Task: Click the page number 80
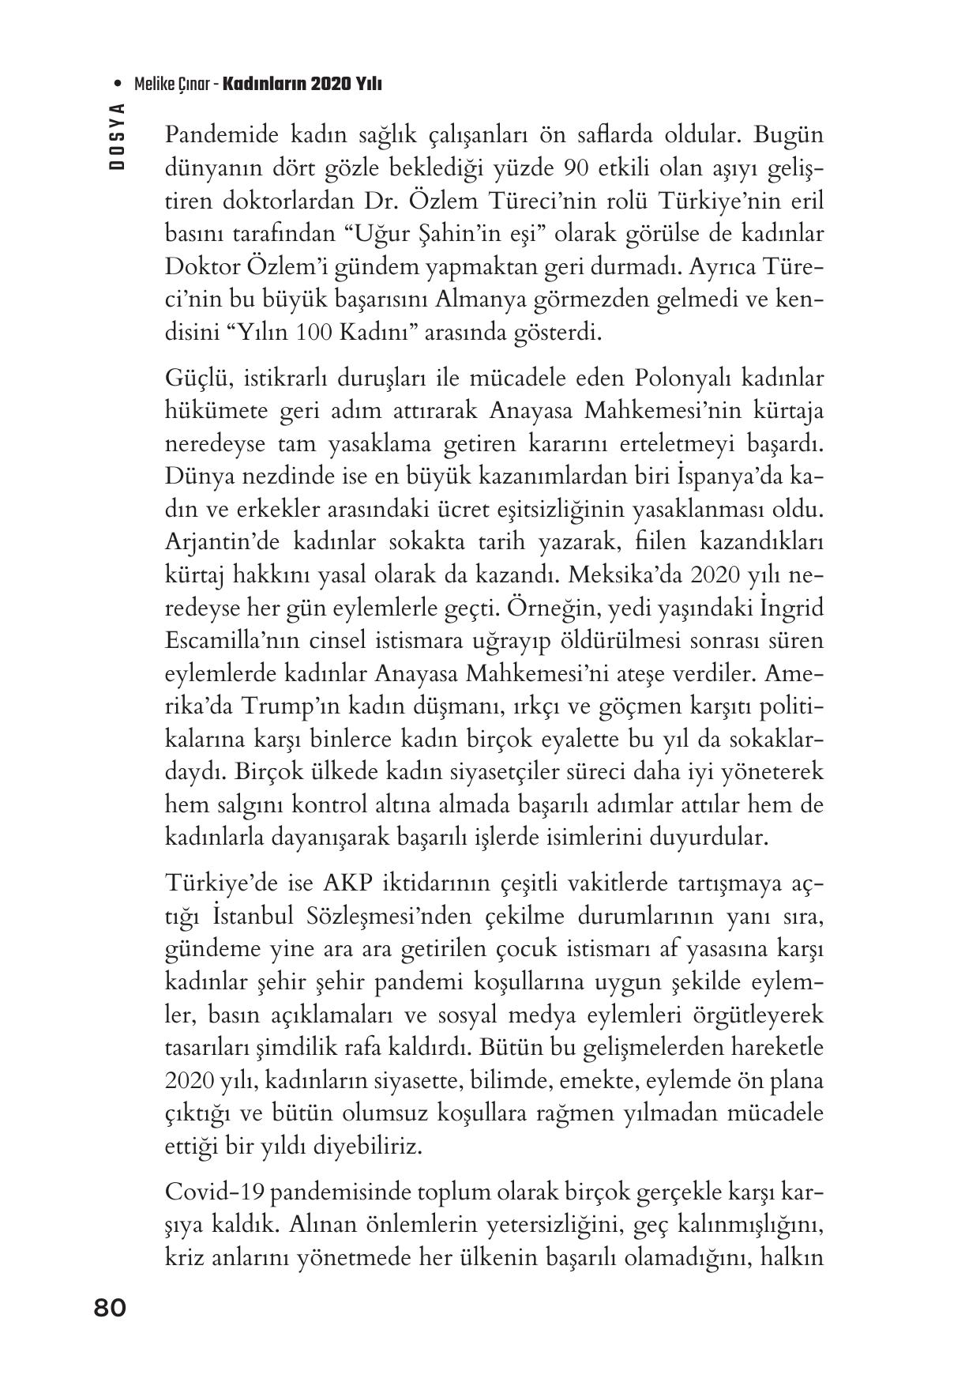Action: (x=110, y=1308)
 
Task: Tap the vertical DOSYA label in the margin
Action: (x=118, y=138)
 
